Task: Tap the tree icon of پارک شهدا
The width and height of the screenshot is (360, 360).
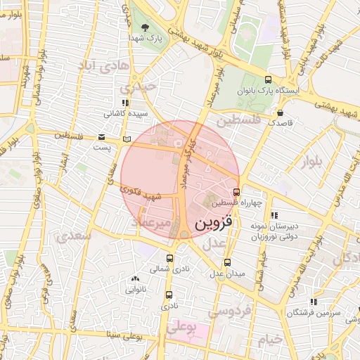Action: [145, 27]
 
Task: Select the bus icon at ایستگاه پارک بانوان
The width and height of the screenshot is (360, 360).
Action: [268, 79]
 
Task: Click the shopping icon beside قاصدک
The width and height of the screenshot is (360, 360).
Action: [281, 112]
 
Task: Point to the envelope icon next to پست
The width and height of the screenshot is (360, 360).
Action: [103, 137]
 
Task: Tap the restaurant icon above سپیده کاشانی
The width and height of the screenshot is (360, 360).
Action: [125, 103]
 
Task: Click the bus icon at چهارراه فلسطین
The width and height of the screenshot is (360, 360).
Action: [236, 192]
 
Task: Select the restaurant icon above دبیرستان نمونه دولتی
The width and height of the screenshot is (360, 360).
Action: [274, 215]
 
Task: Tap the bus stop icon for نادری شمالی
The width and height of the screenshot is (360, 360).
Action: [169, 258]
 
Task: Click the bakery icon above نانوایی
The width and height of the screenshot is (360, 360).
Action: [135, 278]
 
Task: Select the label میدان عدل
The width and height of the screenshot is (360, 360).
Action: [229, 273]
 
